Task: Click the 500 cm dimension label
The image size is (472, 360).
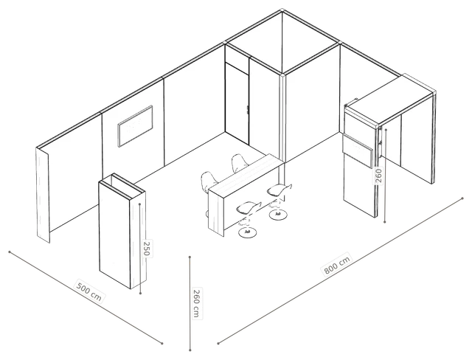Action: tap(89, 291)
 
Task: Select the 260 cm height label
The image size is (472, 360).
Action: tap(197, 303)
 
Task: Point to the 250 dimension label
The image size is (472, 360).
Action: tap(147, 249)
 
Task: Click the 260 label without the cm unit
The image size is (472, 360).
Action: tap(378, 176)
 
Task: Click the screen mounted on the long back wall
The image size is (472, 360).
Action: tap(136, 126)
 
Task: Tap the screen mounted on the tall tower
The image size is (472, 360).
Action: tap(358, 150)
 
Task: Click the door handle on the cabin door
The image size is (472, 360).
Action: tap(247, 110)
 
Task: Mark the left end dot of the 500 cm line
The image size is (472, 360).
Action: tap(10, 252)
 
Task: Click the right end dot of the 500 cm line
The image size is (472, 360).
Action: tap(162, 343)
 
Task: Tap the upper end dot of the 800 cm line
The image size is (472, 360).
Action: tap(462, 198)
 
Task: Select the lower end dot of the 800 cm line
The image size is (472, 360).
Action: tap(218, 343)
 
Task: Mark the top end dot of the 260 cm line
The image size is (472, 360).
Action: tap(190, 257)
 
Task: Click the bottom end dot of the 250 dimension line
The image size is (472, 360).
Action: tap(140, 293)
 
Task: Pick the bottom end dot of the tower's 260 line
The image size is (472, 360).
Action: tap(385, 222)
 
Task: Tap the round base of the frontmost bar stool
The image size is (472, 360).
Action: tap(248, 232)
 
